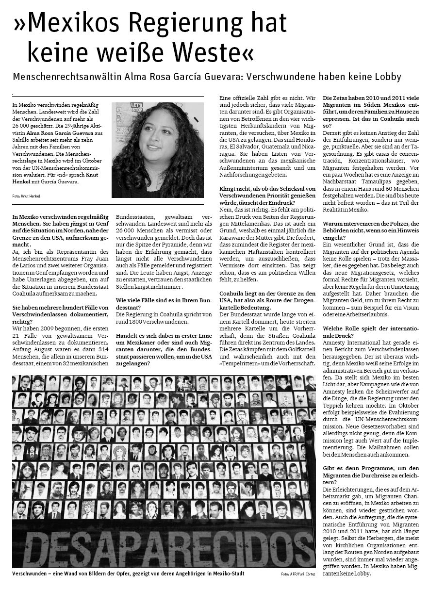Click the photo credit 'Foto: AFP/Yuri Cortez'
(297, 574)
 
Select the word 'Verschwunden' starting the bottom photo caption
(31, 574)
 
